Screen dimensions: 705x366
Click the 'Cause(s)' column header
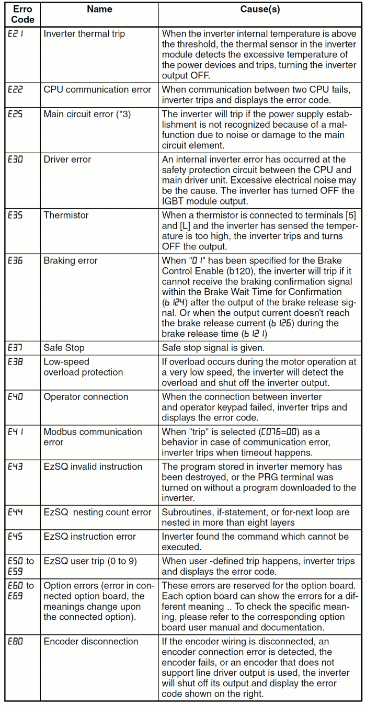(260, 9)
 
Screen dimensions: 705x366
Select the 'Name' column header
(99, 9)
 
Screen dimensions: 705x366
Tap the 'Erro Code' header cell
(22, 15)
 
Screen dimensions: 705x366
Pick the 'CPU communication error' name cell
(97, 89)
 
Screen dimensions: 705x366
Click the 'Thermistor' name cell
(66, 215)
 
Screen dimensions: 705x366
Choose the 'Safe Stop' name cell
(64, 348)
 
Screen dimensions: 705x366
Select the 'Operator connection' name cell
(86, 397)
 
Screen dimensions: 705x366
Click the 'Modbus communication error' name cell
(93, 437)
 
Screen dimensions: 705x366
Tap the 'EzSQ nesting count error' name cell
(97, 512)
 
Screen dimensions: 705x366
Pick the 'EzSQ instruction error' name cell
(89, 537)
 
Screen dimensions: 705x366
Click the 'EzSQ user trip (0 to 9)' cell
(90, 561)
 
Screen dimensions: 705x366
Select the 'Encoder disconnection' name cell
(91, 642)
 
